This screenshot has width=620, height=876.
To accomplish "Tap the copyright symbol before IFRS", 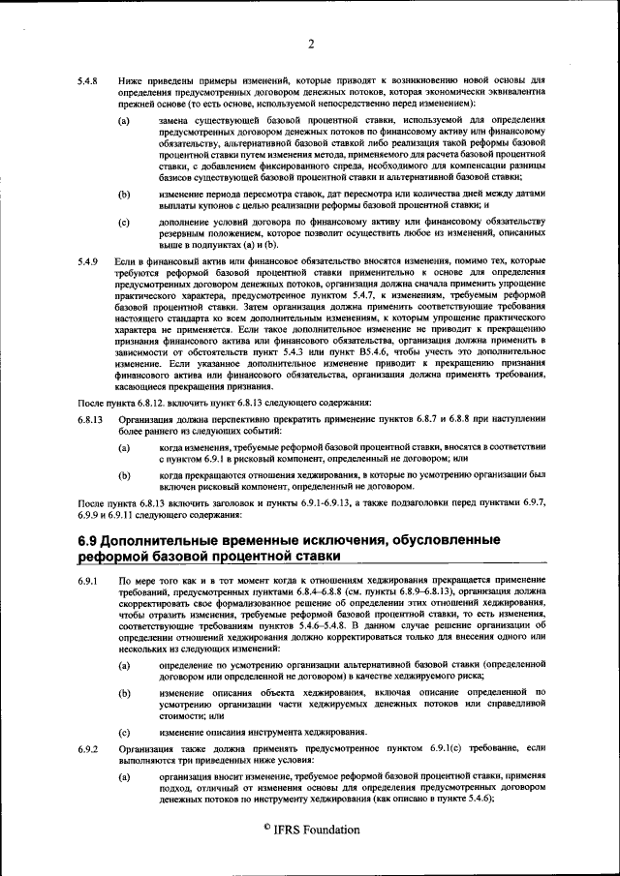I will [265, 828].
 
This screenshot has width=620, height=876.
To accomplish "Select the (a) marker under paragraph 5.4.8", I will [124, 121].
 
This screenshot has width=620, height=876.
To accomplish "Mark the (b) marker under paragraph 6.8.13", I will [124, 476].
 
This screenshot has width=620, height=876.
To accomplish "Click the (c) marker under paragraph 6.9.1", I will [124, 732].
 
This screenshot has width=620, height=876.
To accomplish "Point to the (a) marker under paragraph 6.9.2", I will [124, 778].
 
